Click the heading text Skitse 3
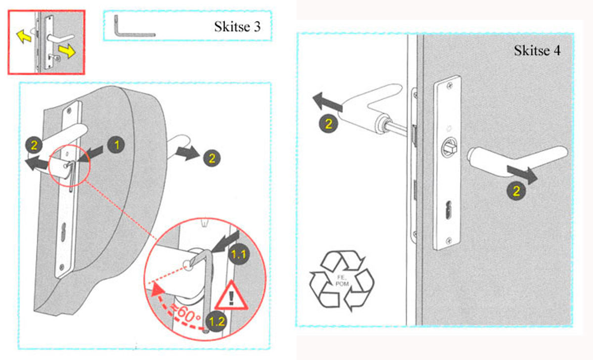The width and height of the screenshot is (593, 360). [237, 26]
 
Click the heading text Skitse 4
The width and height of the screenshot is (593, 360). [537, 50]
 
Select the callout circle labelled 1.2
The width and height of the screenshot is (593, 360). [216, 321]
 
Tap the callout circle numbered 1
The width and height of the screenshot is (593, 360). [117, 145]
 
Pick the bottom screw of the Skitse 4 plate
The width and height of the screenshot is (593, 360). [448, 241]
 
